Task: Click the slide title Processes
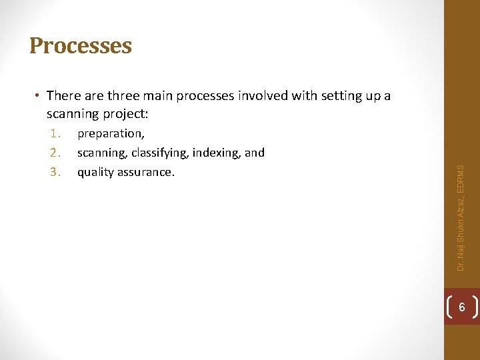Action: pyautogui.click(x=81, y=46)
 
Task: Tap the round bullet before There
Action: pyautogui.click(x=39, y=96)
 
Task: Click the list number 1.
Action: pyautogui.click(x=55, y=133)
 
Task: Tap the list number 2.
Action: pyautogui.click(x=55, y=153)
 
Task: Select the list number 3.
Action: pyautogui.click(x=55, y=172)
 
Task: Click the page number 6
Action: pyautogui.click(x=462, y=307)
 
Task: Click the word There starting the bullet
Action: pyautogui.click(x=64, y=96)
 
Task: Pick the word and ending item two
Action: pyautogui.click(x=255, y=153)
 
